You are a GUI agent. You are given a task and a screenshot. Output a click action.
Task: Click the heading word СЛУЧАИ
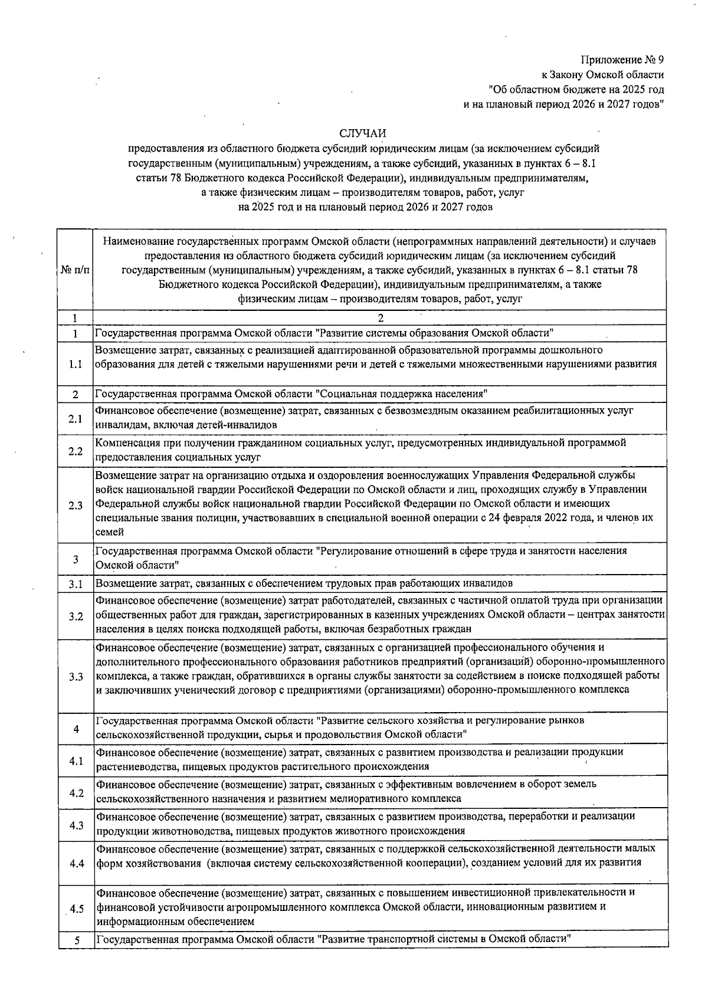(366, 137)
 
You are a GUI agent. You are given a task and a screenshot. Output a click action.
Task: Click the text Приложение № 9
(622, 60)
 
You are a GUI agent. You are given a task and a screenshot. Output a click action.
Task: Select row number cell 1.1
(76, 364)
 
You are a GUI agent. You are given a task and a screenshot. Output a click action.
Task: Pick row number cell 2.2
(76, 451)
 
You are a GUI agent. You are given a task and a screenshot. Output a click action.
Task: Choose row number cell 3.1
(76, 584)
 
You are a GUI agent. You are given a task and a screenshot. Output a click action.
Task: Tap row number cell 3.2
(76, 617)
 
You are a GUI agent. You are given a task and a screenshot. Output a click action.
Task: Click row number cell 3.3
(76, 676)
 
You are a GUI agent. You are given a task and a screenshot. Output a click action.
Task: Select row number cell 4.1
(76, 761)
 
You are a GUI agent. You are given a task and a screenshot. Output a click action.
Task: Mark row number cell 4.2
(76, 792)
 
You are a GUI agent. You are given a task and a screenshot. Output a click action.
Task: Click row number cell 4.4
(76, 864)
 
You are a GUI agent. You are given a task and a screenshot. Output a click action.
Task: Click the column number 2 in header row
(380, 318)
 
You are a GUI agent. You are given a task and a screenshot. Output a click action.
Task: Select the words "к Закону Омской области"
(603, 75)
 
